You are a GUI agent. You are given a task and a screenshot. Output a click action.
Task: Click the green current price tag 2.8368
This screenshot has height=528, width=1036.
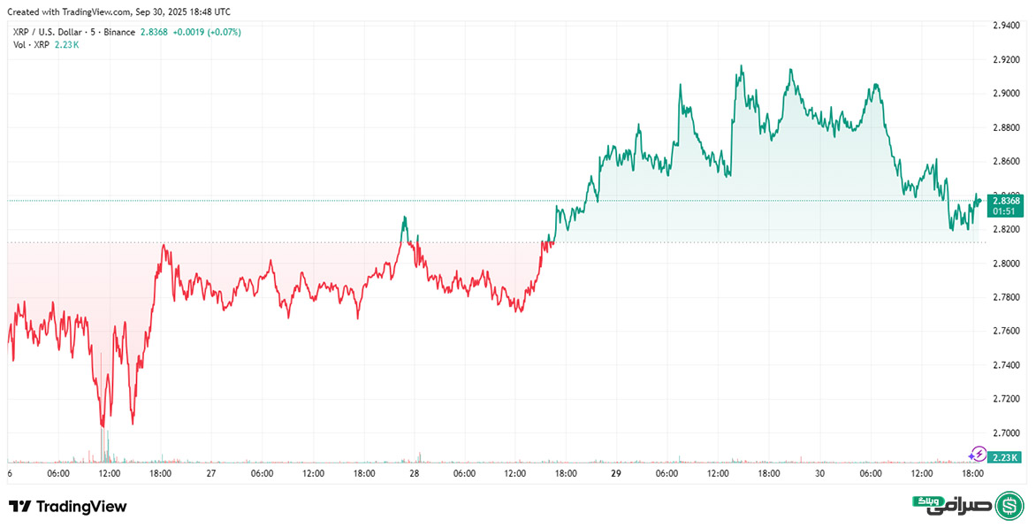[1006, 201]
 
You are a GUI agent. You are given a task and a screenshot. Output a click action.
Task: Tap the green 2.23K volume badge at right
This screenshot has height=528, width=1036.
[1006, 457]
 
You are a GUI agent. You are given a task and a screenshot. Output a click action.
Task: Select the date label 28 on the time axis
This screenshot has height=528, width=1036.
[414, 474]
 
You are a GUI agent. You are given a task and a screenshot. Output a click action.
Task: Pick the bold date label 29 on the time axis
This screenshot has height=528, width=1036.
[616, 474]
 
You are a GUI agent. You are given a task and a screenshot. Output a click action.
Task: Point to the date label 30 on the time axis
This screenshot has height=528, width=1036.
[819, 474]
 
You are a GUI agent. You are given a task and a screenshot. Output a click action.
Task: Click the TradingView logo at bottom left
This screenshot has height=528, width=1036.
[68, 507]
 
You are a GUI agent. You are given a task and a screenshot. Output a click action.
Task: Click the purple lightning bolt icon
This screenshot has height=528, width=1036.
[979, 454]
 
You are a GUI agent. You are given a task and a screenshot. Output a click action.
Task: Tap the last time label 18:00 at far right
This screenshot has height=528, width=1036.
[973, 474]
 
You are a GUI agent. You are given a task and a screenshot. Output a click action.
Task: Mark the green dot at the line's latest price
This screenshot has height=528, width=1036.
[979, 201]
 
